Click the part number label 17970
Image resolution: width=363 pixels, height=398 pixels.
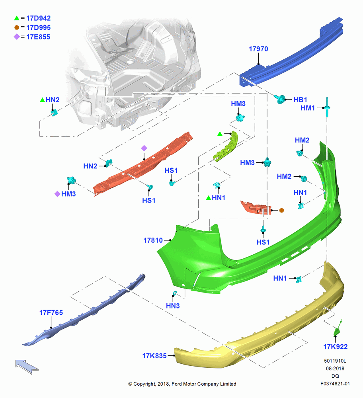tap(258, 49)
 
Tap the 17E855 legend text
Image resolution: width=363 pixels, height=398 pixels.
tap(38, 37)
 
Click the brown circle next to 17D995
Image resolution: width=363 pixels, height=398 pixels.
tap(17, 27)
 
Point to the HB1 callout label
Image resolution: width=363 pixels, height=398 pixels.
tap(300, 100)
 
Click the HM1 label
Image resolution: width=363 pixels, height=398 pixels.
tap(307, 108)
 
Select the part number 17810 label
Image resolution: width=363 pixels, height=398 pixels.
tap(153, 240)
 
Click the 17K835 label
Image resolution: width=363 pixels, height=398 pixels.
tap(154, 356)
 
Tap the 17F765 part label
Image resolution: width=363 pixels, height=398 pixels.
tap(51, 312)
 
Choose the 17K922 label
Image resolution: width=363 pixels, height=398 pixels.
tap(335, 347)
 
